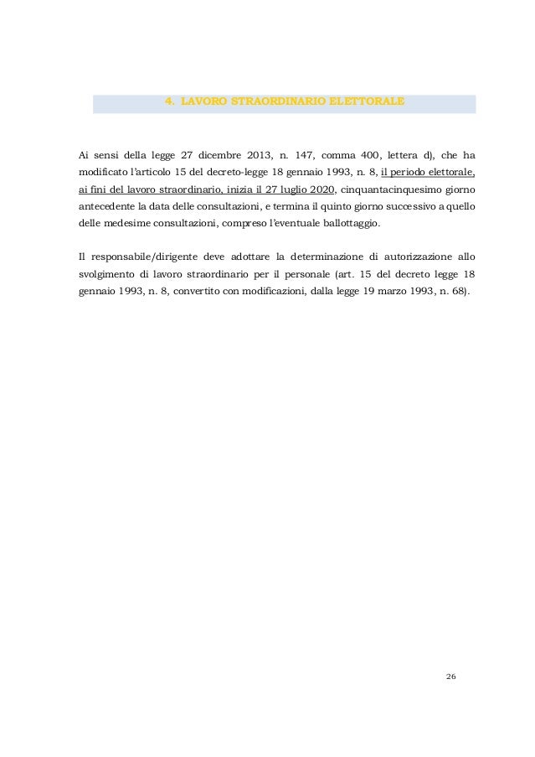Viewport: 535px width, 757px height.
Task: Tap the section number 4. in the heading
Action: (169, 101)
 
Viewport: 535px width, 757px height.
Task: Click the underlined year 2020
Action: (319, 190)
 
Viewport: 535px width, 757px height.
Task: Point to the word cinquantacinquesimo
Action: (391, 190)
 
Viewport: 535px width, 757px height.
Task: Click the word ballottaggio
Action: (347, 226)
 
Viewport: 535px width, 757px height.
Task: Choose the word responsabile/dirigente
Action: (141, 257)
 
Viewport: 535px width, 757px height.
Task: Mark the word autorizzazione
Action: (409, 257)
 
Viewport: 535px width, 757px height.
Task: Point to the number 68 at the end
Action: (460, 293)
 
